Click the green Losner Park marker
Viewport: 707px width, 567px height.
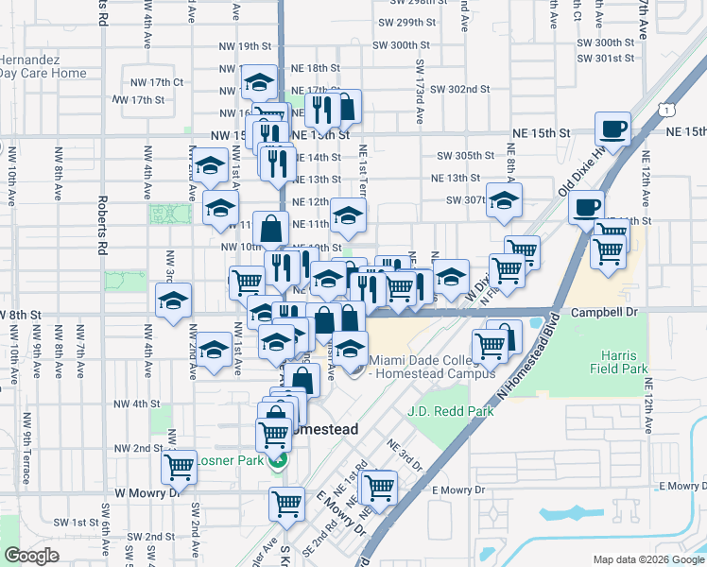[278, 461]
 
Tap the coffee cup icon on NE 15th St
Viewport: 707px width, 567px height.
[612, 129]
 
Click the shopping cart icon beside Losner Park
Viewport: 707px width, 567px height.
[179, 465]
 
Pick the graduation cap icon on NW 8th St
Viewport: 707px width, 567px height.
[173, 301]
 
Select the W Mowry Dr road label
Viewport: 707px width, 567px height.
[147, 492]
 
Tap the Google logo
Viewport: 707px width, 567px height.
[31, 556]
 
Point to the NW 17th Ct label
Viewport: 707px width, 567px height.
[161, 82]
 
